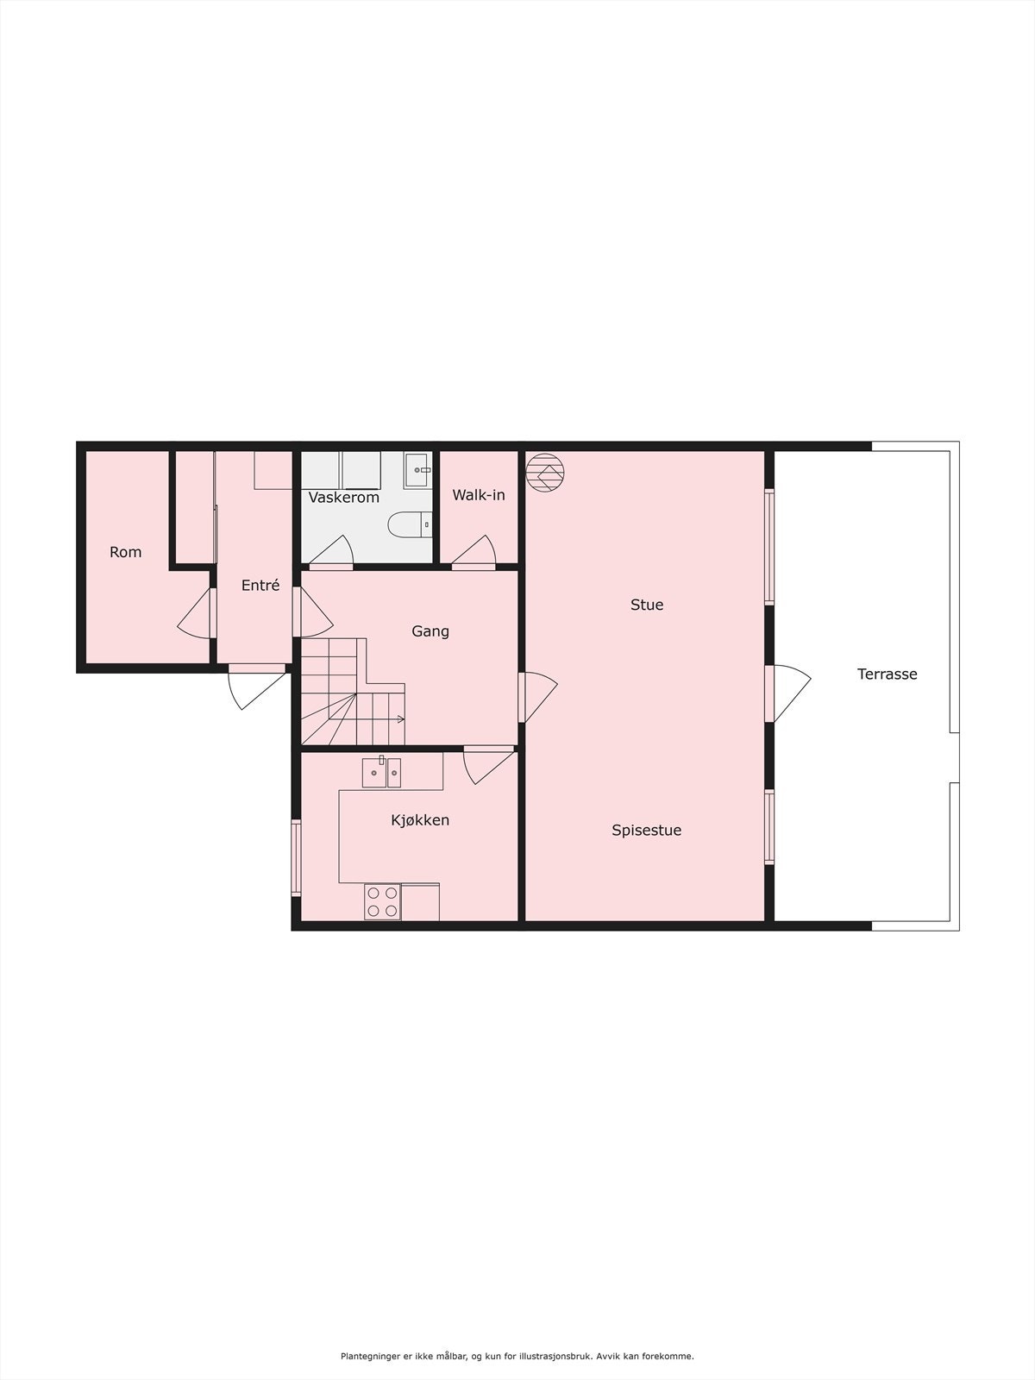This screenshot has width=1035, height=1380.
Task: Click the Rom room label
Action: [125, 552]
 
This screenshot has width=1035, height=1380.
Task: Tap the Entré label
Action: [260, 586]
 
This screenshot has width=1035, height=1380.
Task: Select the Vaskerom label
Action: [344, 498]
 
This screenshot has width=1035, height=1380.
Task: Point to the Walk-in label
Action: [479, 495]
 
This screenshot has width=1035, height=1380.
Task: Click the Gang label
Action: [430, 631]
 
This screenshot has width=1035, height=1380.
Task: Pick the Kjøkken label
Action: [420, 820]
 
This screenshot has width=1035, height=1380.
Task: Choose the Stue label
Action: [647, 605]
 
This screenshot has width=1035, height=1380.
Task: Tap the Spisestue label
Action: [647, 831]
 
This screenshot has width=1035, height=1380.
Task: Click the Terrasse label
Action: [887, 674]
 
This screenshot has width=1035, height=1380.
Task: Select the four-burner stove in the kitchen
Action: [382, 901]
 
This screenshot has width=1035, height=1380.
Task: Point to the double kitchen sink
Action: [381, 771]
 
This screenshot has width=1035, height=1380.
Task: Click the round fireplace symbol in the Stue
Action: [546, 473]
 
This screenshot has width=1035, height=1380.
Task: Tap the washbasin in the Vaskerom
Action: [418, 470]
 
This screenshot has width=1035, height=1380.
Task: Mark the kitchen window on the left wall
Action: [296, 858]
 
